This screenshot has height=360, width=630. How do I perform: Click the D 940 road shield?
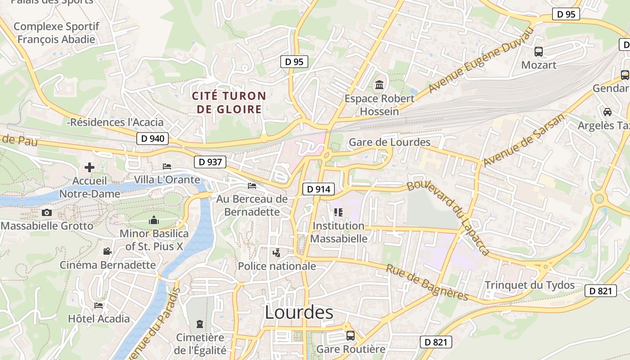pos(153,139)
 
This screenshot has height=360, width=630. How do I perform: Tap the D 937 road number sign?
pos(210,162)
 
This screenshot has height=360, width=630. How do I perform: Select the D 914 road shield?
pos(319,189)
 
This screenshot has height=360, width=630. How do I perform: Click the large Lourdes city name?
pos(299,312)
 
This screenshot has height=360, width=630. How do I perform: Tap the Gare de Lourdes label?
pos(390,143)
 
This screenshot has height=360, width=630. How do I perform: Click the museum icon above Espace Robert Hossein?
pos(379,85)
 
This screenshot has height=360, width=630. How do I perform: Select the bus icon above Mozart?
pos(539,52)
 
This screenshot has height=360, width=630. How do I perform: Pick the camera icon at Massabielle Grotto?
pos(47,213)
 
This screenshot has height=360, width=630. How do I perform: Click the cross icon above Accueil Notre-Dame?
pos(90,167)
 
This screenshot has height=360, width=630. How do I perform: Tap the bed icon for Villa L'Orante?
pos(167,166)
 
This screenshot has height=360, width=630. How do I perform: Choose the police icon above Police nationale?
pos(277,253)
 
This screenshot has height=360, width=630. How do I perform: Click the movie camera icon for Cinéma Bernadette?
pos(107,252)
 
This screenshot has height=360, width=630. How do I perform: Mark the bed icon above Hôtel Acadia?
pos(99,306)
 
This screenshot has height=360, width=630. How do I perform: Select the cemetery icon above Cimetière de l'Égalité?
pos(200,324)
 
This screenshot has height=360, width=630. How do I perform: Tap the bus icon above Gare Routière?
pos(351,335)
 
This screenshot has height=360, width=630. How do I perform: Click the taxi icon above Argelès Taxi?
pos(607,112)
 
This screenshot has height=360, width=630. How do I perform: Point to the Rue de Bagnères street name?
pos(427,283)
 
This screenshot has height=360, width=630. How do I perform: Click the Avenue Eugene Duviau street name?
pos(481,59)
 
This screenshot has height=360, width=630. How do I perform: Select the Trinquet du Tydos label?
pos(530,285)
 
